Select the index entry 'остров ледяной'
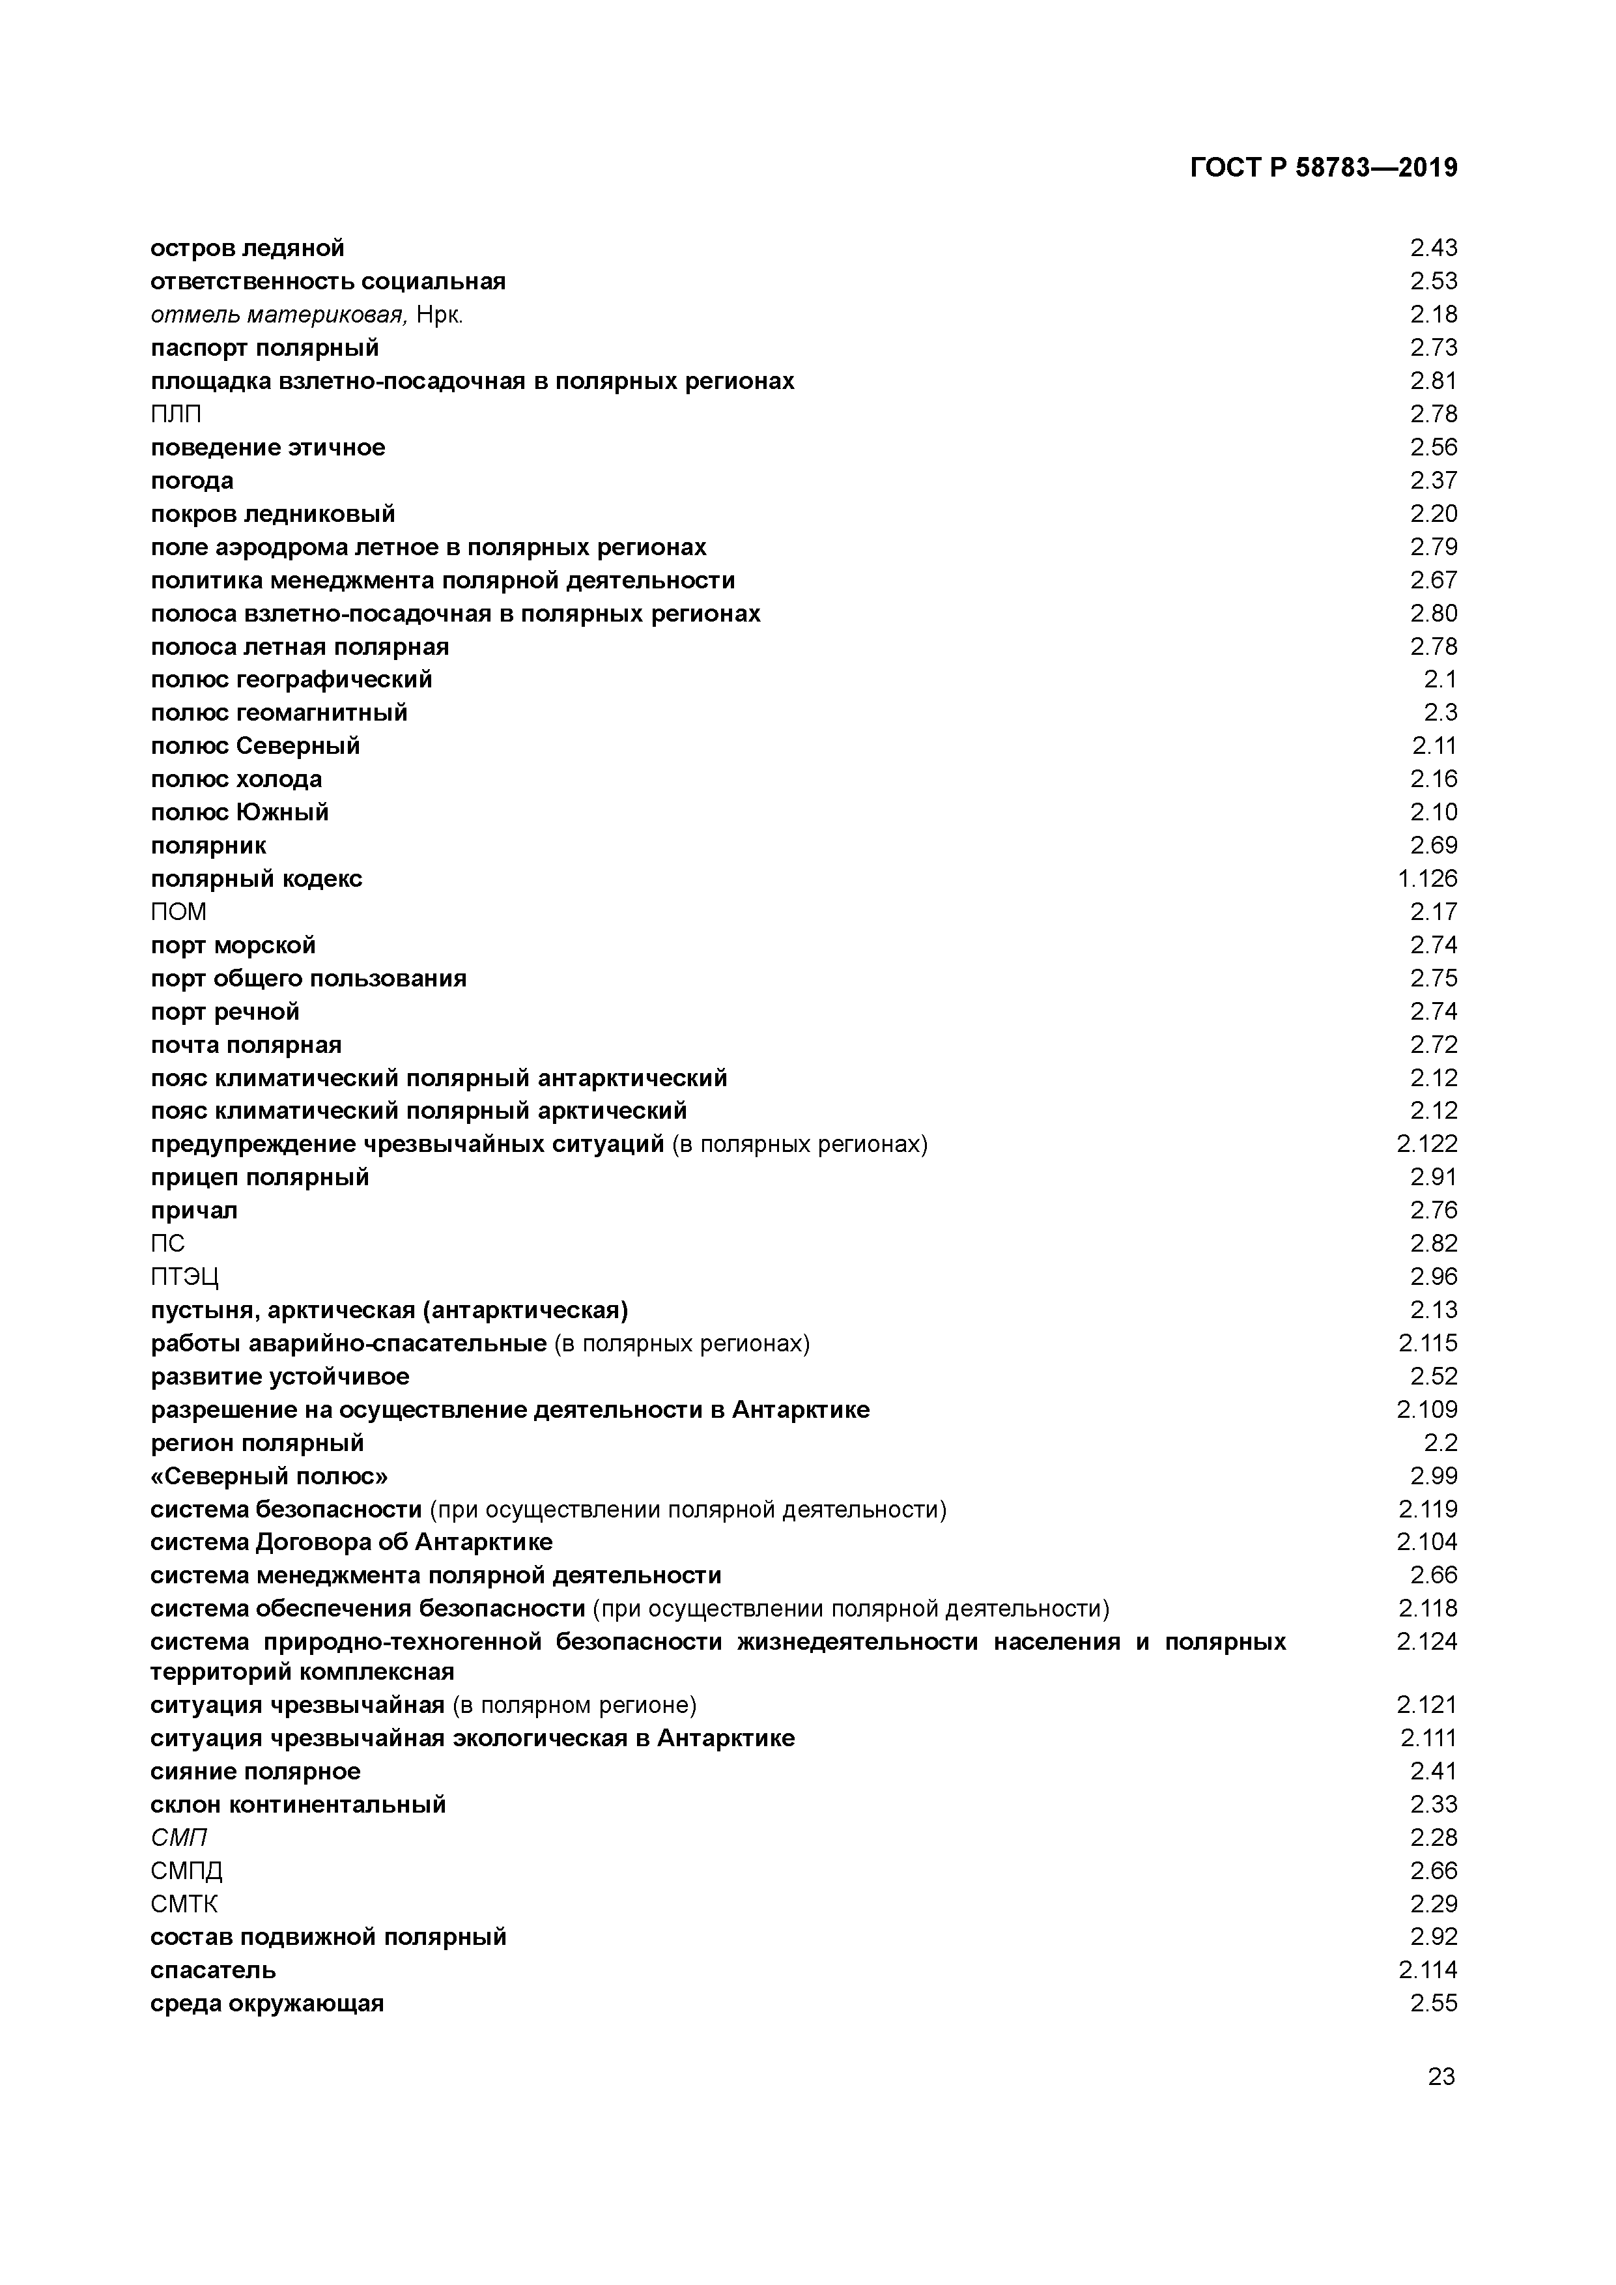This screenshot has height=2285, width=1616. (247, 248)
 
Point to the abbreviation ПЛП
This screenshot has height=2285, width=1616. (176, 414)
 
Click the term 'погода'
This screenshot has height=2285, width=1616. (192, 481)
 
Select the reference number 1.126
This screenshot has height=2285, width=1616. (1427, 879)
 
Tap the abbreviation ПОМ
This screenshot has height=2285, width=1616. (179, 912)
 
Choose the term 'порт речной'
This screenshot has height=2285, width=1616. (225, 1012)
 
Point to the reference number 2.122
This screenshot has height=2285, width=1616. (1427, 1145)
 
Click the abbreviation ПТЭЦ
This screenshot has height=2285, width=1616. (184, 1277)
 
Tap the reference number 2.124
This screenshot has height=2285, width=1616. (1427, 1641)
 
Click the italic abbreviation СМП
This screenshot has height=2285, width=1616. (179, 1837)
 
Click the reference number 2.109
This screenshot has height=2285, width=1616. (1427, 1409)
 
